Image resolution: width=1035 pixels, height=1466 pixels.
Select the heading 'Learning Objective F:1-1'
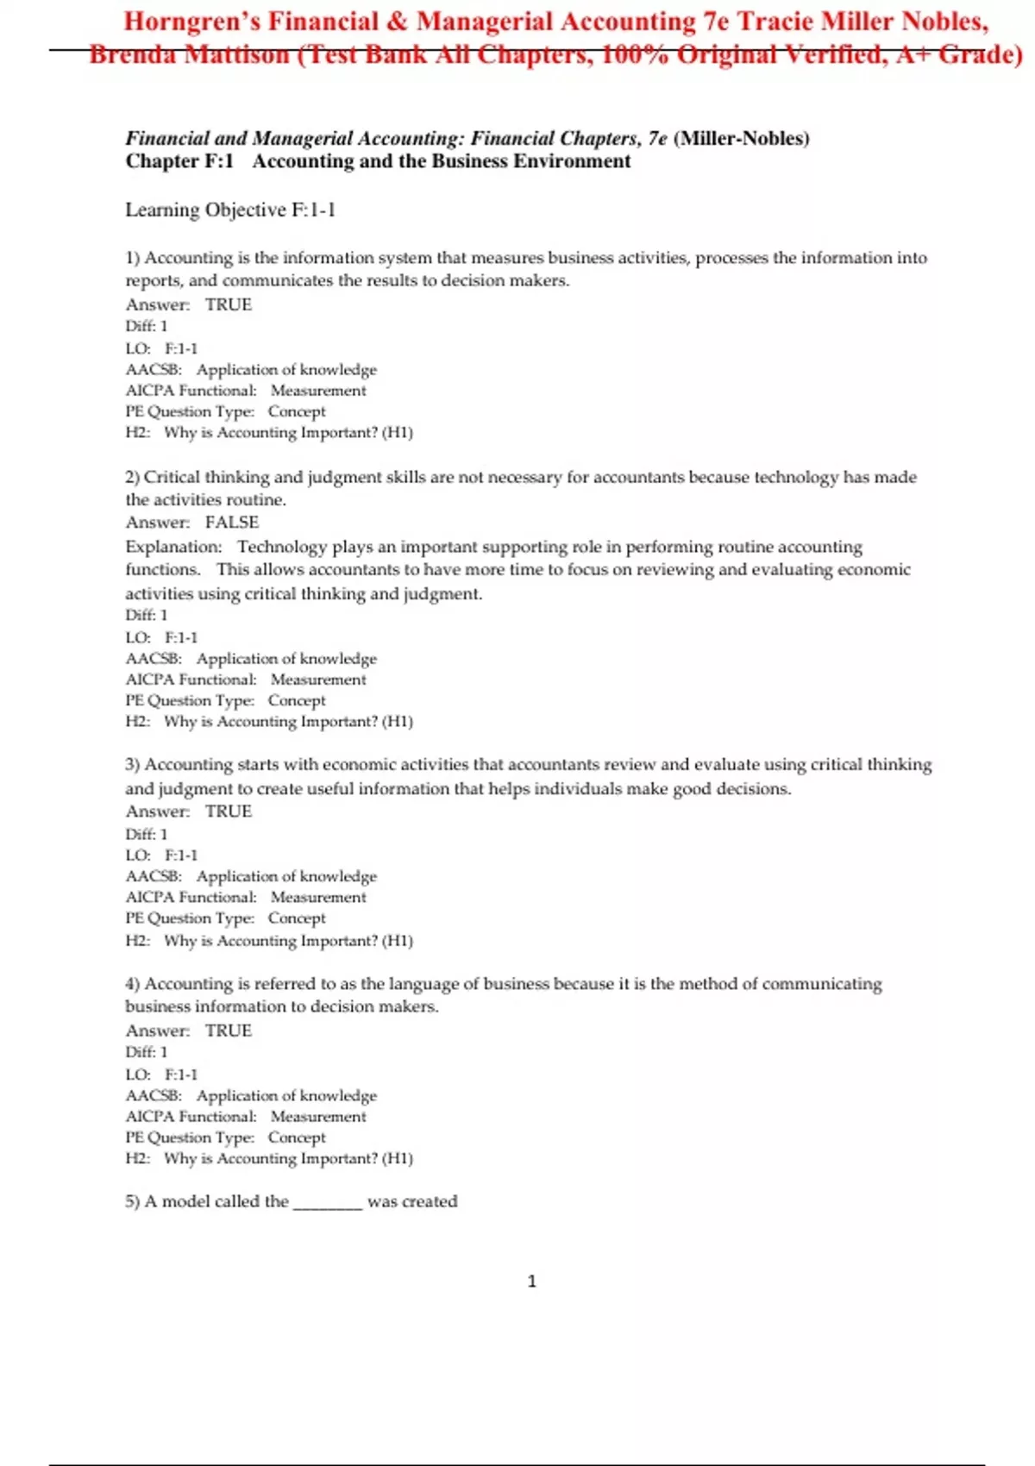point(230,210)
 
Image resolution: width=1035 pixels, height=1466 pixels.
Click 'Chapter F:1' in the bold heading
point(179,161)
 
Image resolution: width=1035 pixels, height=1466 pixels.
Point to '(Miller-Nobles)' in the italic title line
point(742,138)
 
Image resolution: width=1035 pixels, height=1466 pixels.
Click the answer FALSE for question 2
point(232,523)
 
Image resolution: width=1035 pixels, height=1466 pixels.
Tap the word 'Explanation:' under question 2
point(173,547)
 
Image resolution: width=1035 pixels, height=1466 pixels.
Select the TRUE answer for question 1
point(229,304)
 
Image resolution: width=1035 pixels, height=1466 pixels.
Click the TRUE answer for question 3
point(229,811)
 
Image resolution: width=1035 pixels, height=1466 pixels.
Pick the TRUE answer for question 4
point(229,1031)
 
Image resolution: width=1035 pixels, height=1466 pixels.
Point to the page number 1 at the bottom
point(531,1281)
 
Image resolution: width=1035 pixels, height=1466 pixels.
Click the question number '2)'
point(133,478)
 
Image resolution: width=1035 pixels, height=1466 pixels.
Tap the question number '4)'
point(133,984)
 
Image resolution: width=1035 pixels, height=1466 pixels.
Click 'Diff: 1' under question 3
point(147,834)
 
